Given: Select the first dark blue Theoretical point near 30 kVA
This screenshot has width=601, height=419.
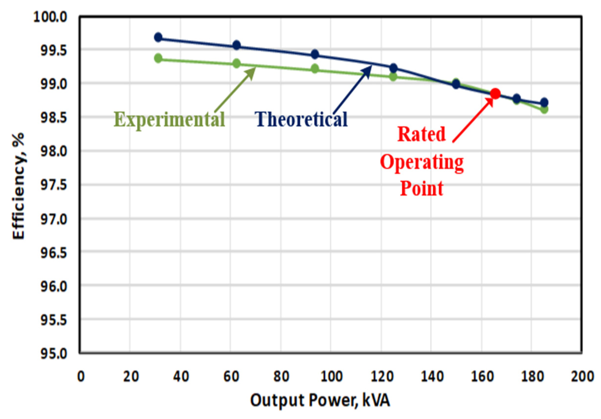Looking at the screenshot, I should (x=158, y=37).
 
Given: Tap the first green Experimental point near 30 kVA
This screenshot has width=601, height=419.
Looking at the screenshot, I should (x=158, y=58).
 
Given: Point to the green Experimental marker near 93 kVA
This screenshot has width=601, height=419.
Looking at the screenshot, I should (x=315, y=69).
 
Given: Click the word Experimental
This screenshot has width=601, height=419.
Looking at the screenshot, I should (x=170, y=119).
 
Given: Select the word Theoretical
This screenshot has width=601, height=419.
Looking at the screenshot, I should (x=302, y=119).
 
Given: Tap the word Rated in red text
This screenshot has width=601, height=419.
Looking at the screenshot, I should (x=421, y=134).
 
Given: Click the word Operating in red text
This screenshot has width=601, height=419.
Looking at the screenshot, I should (x=422, y=163).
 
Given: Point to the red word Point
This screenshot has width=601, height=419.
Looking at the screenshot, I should (x=422, y=188).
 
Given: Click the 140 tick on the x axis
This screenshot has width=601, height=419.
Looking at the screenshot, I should (x=432, y=377).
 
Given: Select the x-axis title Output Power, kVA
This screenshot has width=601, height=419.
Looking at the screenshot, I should (x=320, y=401).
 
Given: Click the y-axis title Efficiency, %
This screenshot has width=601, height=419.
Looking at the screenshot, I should (x=19, y=186).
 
